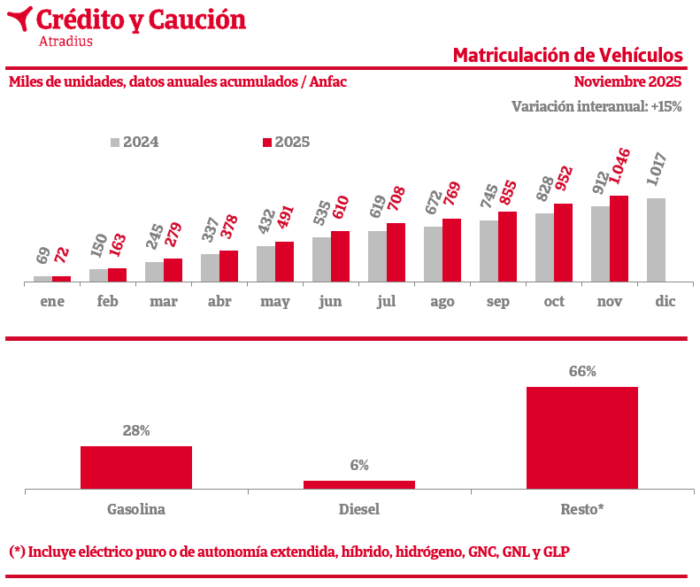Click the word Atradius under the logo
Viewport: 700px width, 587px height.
(x=65, y=40)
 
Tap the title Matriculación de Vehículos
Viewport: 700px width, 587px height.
(x=567, y=55)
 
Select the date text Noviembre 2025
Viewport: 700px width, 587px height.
(x=627, y=81)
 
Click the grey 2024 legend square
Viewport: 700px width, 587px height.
(x=115, y=142)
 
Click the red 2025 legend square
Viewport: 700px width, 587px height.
(x=267, y=142)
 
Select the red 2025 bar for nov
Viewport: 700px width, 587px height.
(x=619, y=238)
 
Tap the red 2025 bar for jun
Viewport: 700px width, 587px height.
(x=340, y=256)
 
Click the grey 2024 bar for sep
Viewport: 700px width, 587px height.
(x=488, y=251)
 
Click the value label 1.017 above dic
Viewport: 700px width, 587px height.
(x=657, y=170)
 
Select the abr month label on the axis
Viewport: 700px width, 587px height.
(x=219, y=302)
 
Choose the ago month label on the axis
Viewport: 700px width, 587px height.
(x=442, y=302)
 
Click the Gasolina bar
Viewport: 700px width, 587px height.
(x=136, y=467)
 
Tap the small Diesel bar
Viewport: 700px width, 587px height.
(x=359, y=484)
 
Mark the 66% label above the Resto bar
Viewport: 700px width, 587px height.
(x=582, y=372)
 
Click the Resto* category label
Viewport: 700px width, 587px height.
(x=582, y=509)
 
